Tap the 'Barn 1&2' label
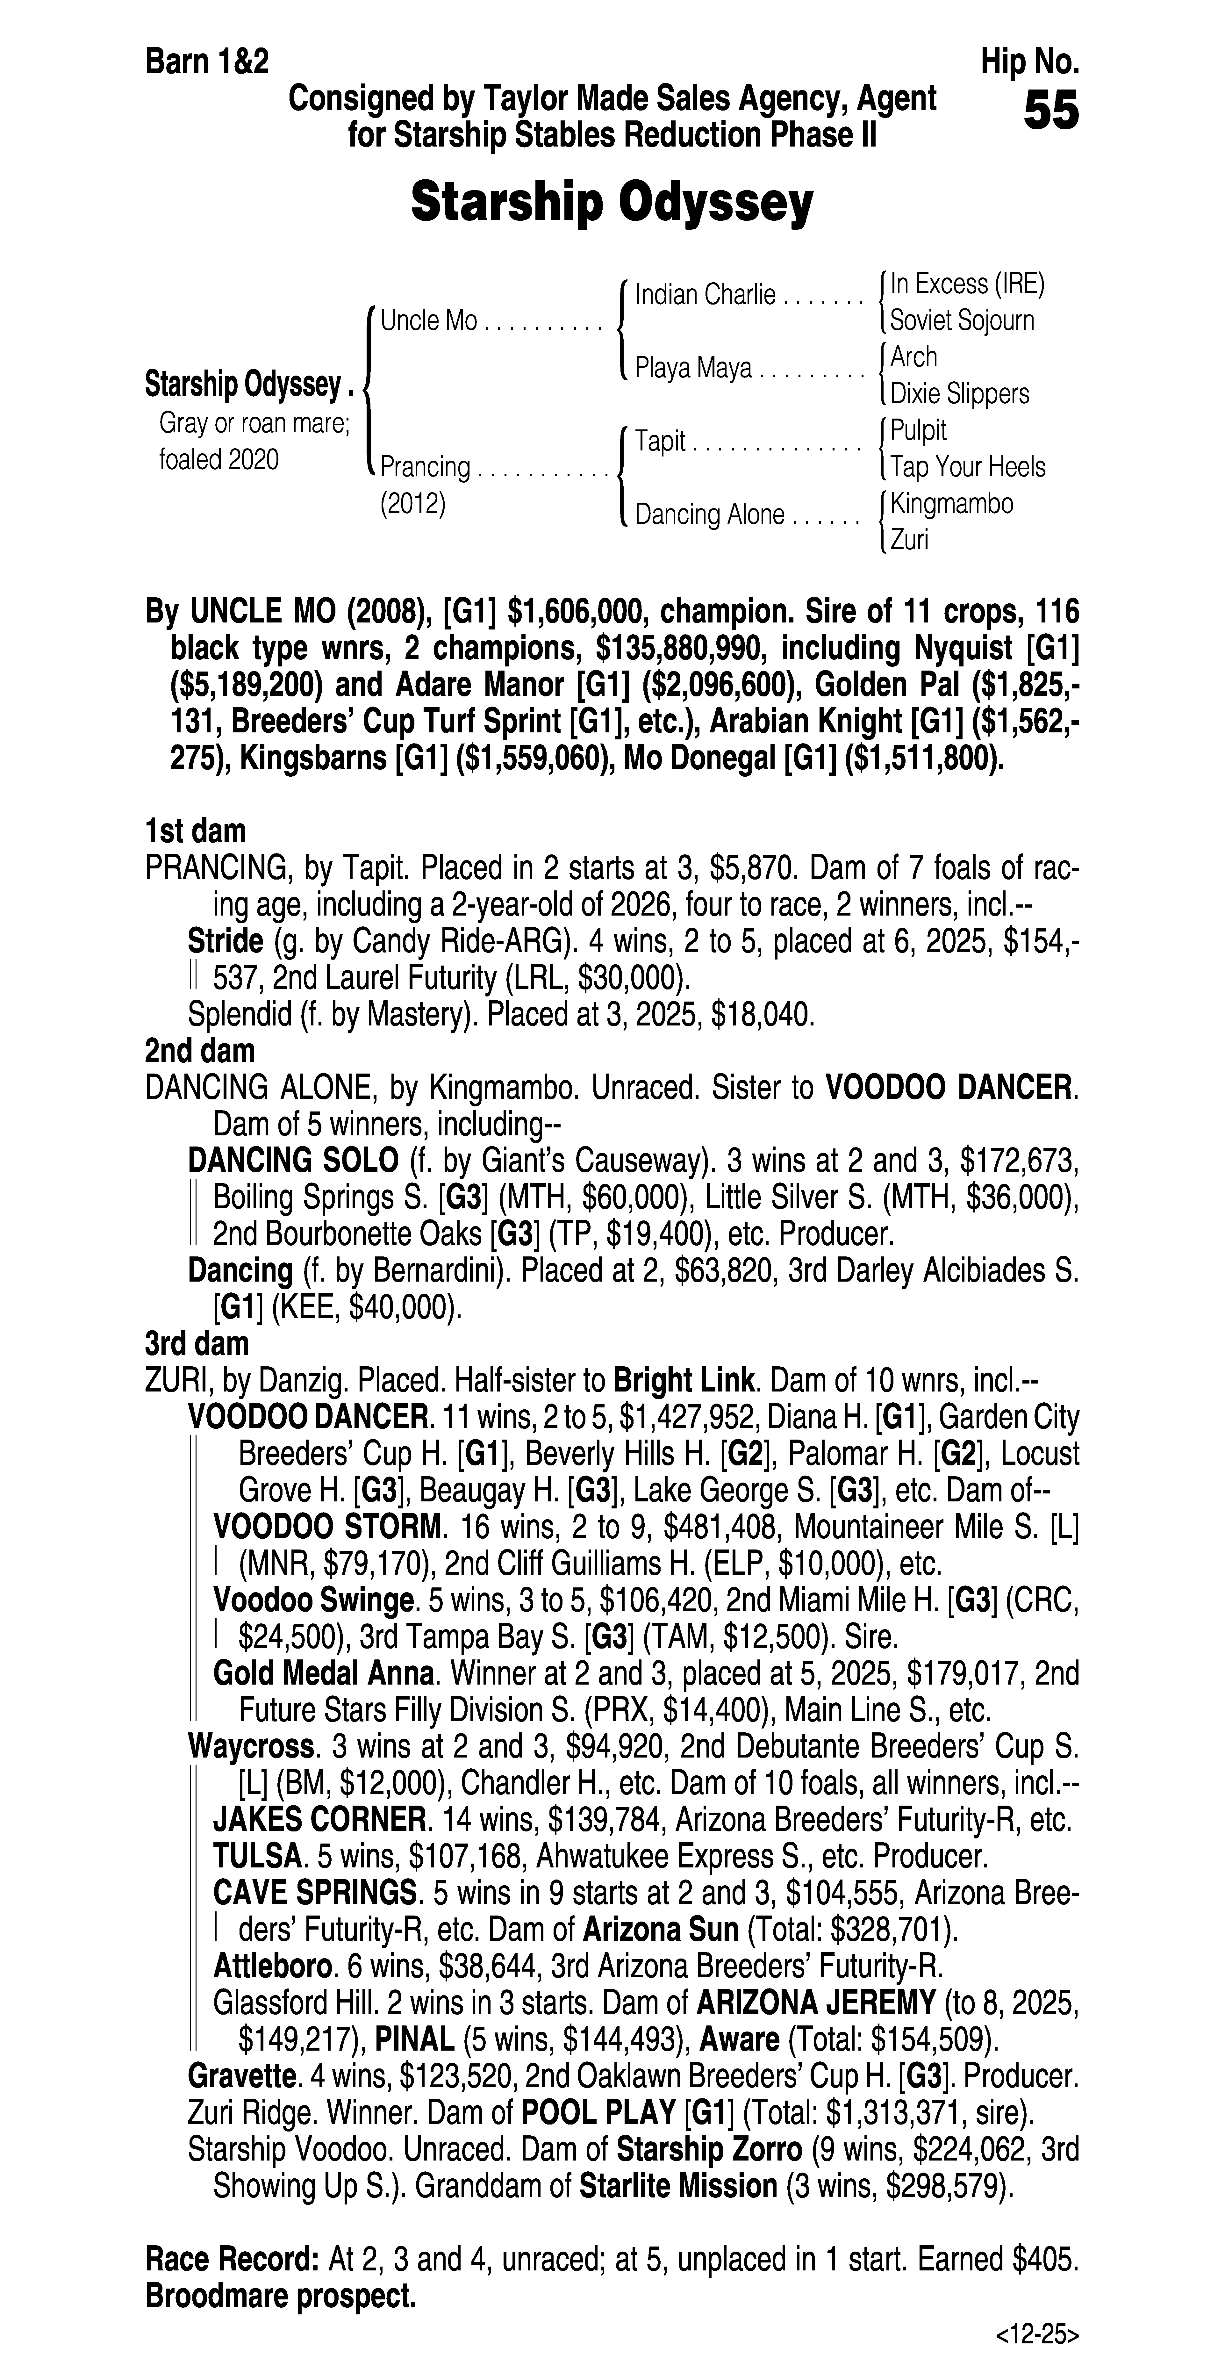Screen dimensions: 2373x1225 [x=207, y=63]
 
